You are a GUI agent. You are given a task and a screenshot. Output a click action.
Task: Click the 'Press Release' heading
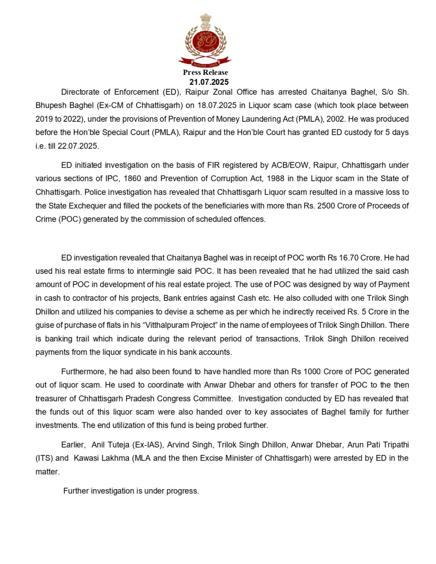205,72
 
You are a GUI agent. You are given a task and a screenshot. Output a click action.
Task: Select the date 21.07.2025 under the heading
205,82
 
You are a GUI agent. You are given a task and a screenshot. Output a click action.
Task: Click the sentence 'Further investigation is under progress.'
131,491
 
